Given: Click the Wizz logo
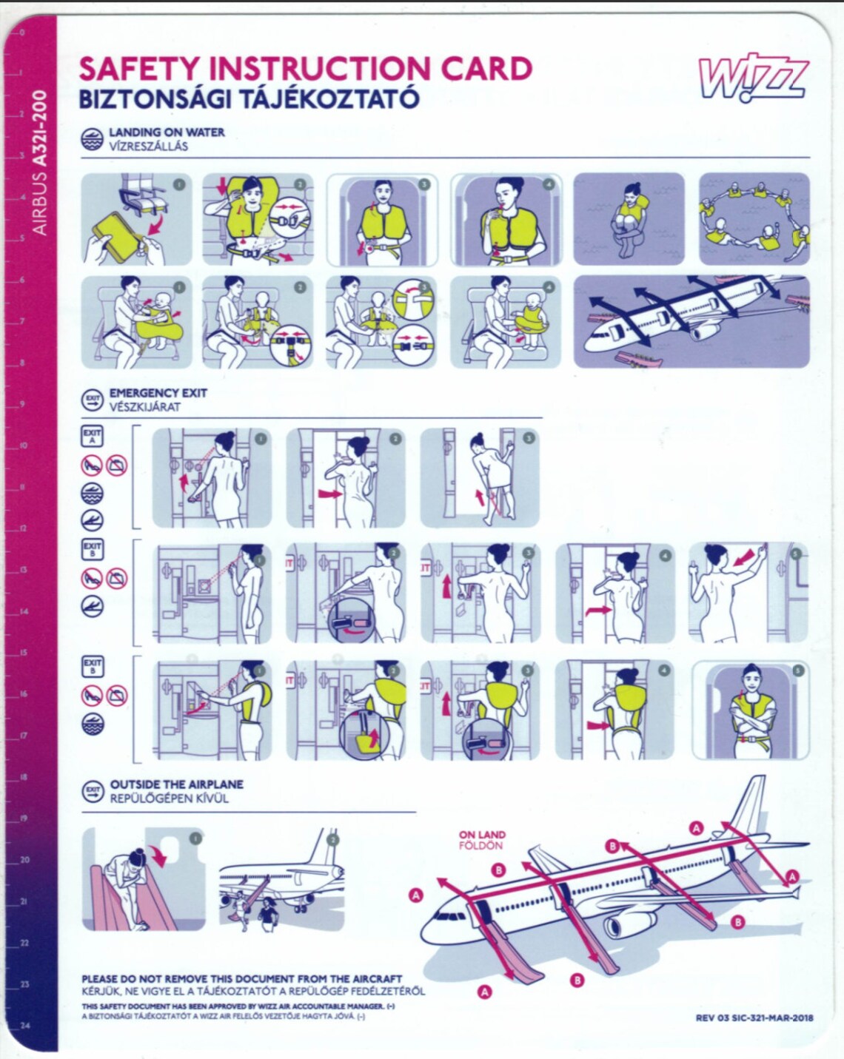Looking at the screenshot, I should (x=753, y=77).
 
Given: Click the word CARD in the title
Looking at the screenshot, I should (x=486, y=69).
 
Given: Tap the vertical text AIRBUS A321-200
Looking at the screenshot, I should (x=40, y=162).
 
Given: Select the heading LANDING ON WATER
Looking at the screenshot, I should (x=167, y=132).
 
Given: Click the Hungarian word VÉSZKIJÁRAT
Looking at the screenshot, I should (x=145, y=407).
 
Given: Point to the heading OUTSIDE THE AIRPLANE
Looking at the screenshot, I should (x=176, y=784).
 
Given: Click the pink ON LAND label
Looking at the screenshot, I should (x=482, y=835).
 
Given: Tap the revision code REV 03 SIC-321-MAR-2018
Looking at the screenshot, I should (x=754, y=1018).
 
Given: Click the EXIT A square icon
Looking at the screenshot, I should (x=93, y=436).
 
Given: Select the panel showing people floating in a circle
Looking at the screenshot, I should (x=754, y=219).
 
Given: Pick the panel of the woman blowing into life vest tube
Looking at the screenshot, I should (x=506, y=219).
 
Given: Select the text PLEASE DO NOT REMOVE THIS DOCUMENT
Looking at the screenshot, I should (x=241, y=978).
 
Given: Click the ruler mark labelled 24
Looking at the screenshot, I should (x=24, y=1026).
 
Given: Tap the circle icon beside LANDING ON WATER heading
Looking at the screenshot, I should (x=93, y=139).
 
